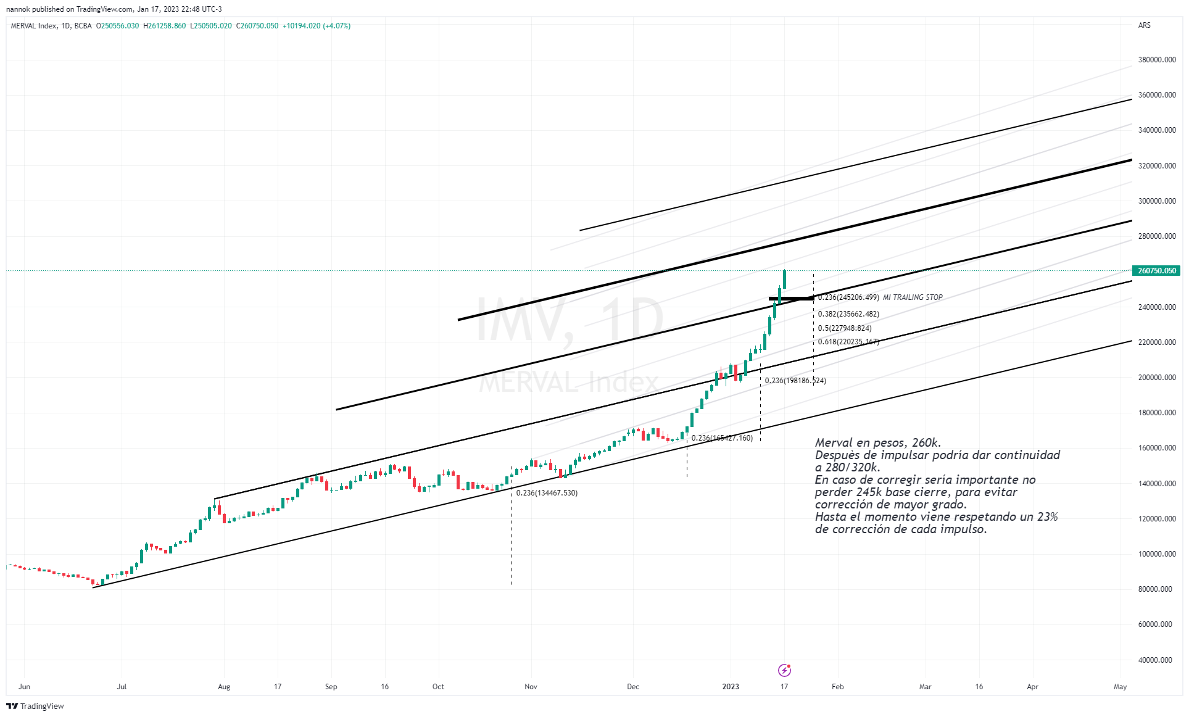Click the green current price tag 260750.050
[x=1156, y=271]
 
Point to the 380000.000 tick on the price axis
[x=1157, y=60]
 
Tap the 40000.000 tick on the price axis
[x=1155, y=660]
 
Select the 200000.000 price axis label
[x=1157, y=378]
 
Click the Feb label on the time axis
[x=837, y=687]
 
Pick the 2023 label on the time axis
[x=731, y=687]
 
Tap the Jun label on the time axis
[x=24, y=687]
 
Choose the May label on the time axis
[x=1120, y=687]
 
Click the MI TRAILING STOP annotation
[x=913, y=297]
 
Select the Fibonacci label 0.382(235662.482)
[x=848, y=314]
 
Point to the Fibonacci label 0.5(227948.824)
[x=845, y=328]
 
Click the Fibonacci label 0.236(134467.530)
[x=547, y=493]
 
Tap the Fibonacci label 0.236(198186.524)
[x=795, y=381]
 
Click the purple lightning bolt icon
[x=784, y=670]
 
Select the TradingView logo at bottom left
[x=35, y=706]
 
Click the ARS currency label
[x=1144, y=25]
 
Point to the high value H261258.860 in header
[x=164, y=26]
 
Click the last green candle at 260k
[x=784, y=280]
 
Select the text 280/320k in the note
[x=852, y=467]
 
